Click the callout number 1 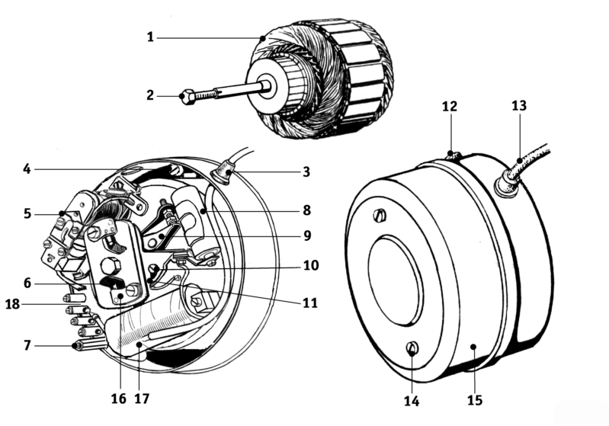[150, 37]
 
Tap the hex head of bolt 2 [188, 96]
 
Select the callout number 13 [519, 106]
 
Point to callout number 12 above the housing [450, 107]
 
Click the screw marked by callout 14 [412, 348]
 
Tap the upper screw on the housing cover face [380, 216]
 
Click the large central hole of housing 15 [396, 280]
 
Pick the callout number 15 [474, 400]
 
